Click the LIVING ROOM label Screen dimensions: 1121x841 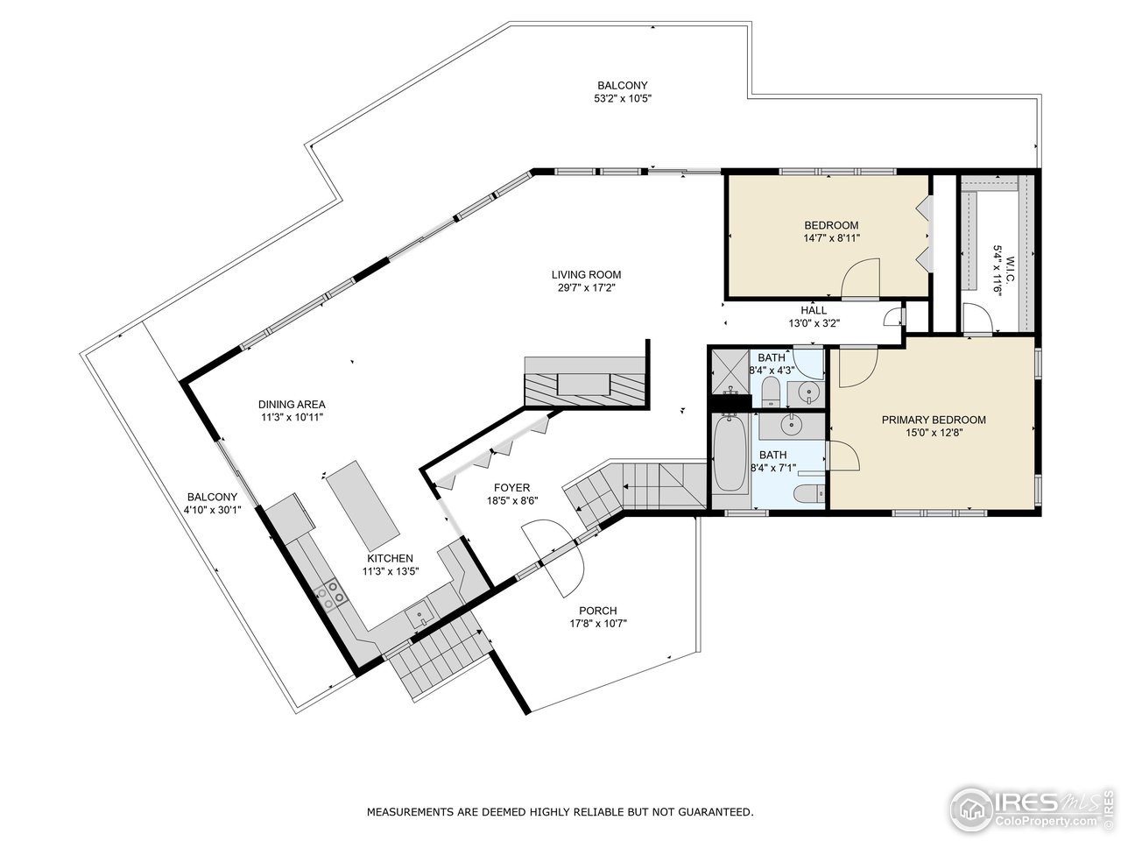[x=586, y=275]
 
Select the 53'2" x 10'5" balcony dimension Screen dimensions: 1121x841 [x=623, y=98]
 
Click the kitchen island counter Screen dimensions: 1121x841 [x=363, y=505]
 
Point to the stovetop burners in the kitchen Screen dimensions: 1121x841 [x=331, y=595]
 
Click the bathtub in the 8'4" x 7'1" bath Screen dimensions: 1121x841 [x=730, y=453]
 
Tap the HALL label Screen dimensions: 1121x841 [x=814, y=310]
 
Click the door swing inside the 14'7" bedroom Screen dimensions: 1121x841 [x=861, y=278]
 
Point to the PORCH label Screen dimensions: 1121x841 [x=598, y=611]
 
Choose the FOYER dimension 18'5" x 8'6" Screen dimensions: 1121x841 [x=512, y=500]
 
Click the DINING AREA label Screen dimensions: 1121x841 [x=292, y=405]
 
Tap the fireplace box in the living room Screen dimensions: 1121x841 [x=584, y=384]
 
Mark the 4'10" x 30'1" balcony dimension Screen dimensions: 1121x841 [x=213, y=509]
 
